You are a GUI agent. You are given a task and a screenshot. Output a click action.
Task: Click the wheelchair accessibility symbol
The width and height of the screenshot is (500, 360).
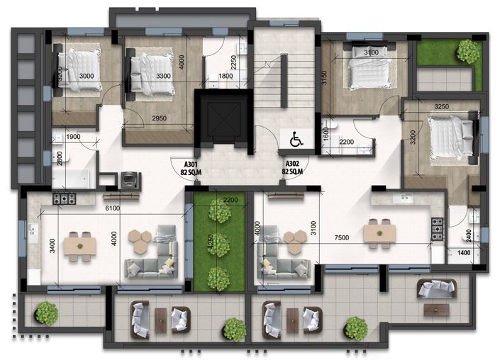296,140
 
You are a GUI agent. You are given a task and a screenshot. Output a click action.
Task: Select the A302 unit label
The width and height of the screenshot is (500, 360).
292,167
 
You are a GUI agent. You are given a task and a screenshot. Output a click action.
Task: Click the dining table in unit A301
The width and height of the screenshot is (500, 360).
80,245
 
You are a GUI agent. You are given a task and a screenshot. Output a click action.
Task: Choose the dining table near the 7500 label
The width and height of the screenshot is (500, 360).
379,231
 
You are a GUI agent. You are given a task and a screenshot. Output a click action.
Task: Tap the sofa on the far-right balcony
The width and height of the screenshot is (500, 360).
436,288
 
